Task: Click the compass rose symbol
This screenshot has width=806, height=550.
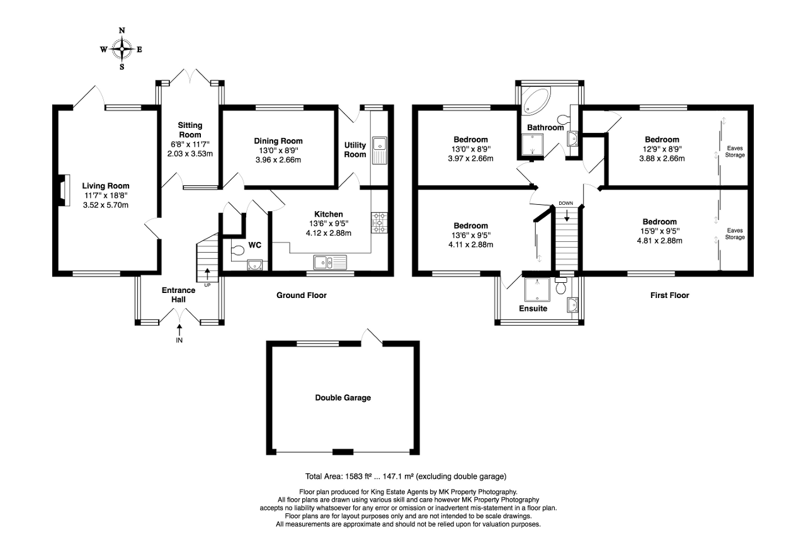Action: coord(122,48)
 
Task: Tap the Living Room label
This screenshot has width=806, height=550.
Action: coord(105,186)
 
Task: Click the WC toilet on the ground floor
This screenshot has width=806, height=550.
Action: coord(237,251)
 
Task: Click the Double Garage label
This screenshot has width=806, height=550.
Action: coord(343,398)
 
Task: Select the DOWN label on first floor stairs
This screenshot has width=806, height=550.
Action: coord(566,203)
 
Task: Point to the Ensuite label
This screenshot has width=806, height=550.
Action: coord(533,309)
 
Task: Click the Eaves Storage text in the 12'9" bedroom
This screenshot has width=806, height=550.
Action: coord(735,151)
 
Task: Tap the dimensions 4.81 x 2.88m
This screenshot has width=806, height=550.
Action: coord(659,241)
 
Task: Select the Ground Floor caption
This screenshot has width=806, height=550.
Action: coord(302,295)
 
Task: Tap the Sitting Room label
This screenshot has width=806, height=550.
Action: coord(190,130)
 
